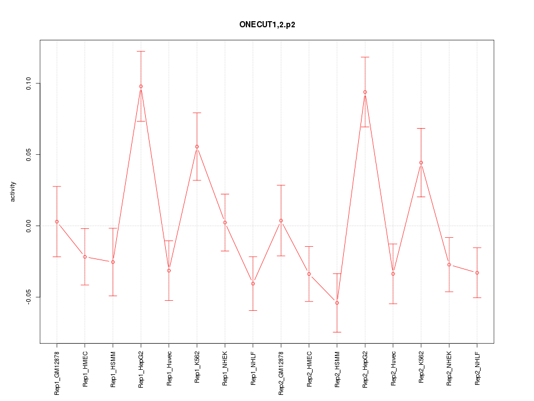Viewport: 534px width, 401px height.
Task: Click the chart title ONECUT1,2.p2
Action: (x=267, y=25)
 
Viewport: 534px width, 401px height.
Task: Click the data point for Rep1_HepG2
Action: (x=141, y=86)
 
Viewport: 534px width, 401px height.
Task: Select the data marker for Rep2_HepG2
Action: (x=365, y=92)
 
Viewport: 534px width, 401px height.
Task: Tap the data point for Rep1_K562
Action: (x=197, y=146)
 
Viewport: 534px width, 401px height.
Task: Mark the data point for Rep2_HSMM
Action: (x=337, y=303)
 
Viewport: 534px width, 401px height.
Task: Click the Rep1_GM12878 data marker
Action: (x=57, y=222)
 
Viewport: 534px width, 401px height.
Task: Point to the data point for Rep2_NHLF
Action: (x=477, y=272)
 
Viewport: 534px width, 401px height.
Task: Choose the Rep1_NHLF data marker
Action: (x=253, y=283)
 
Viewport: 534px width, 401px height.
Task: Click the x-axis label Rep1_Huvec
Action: (x=169, y=368)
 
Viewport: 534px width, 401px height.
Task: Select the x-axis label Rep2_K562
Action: (x=421, y=368)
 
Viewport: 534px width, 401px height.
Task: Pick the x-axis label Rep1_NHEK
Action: (x=225, y=368)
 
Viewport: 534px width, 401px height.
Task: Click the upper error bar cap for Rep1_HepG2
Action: (x=141, y=51)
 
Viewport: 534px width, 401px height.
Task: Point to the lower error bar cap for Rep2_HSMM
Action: (x=337, y=332)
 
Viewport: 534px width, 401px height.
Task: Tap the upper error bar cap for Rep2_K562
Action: (x=421, y=128)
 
